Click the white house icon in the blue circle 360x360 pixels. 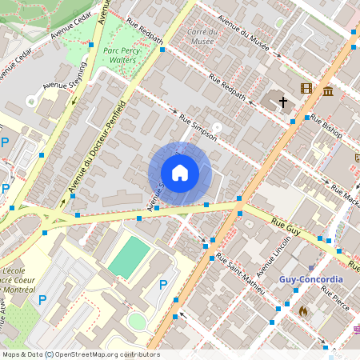coord(180,173)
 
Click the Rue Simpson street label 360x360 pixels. coord(198,128)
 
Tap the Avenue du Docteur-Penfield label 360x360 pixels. coord(97,147)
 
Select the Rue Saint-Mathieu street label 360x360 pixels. coord(241,273)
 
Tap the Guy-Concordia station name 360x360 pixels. coord(311,280)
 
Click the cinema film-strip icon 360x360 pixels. coord(306,88)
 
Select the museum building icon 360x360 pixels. coord(328,91)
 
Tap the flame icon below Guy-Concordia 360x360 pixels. coord(302,310)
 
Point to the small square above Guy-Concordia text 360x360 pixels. coord(311,268)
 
